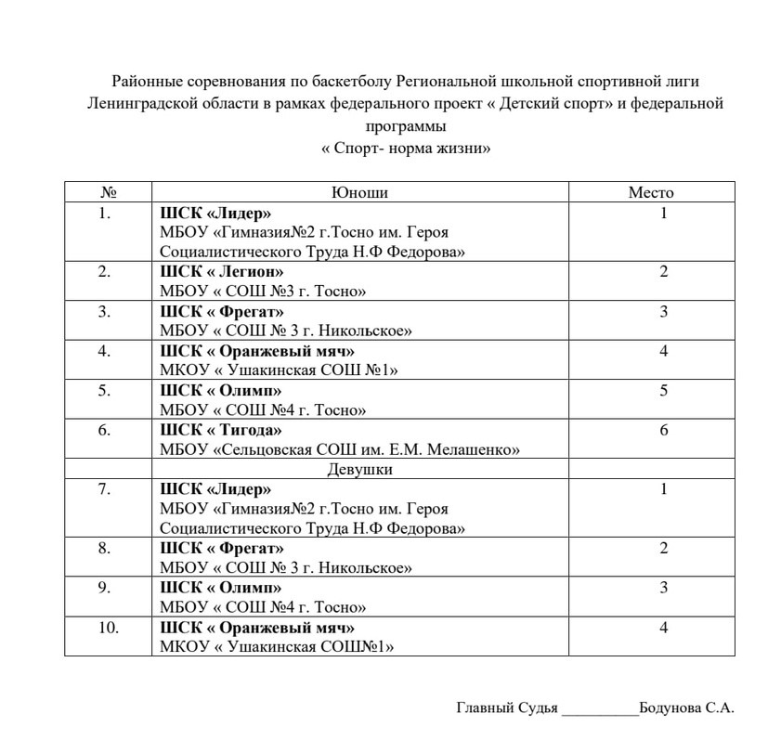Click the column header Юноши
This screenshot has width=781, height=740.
click(x=359, y=192)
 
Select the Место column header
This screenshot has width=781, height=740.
click(x=650, y=192)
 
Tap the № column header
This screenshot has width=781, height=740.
click(x=108, y=192)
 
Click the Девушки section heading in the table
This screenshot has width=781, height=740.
click(x=359, y=469)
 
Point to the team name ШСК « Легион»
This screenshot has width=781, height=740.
click(x=222, y=271)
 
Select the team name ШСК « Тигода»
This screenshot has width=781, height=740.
click(x=220, y=430)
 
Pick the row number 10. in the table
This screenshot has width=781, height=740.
click(x=108, y=628)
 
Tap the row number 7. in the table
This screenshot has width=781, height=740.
click(x=105, y=488)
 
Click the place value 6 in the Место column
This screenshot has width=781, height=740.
click(x=664, y=430)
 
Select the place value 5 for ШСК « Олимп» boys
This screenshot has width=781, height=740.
click(x=664, y=390)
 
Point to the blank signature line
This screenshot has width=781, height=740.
click(x=600, y=709)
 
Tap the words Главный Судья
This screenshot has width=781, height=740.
click(x=507, y=708)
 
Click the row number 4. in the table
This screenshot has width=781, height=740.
click(x=105, y=350)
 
